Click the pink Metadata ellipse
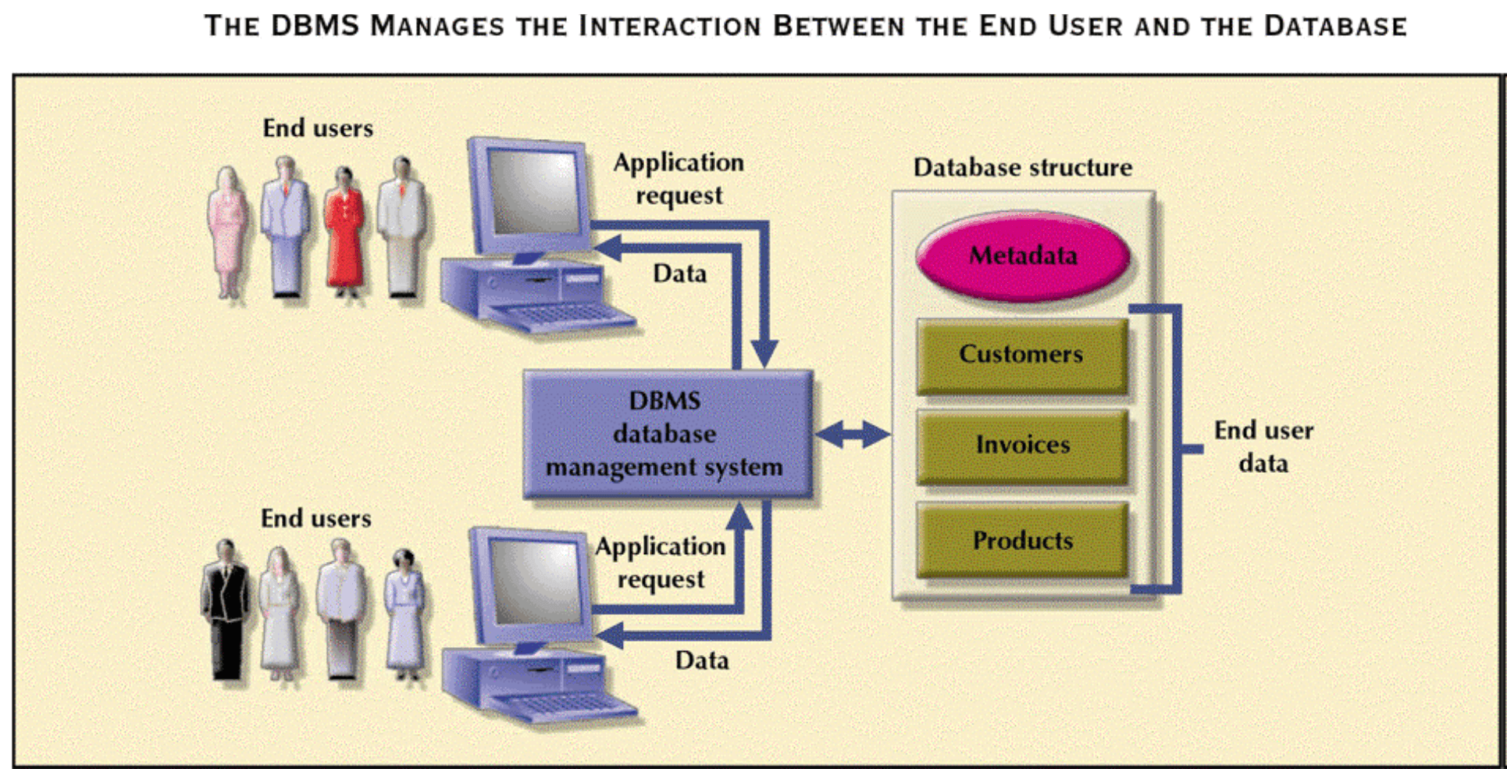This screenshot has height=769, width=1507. pos(1022,256)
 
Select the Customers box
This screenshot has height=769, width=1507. pos(1021,355)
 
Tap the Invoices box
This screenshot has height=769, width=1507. pos(1021,445)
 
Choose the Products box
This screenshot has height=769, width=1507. pos(1021,541)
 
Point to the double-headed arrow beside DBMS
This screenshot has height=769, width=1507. pos(853,434)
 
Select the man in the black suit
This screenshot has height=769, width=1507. pos(226,610)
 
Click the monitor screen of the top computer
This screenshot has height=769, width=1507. pos(533,191)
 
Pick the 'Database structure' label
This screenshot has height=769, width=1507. pos(1022,167)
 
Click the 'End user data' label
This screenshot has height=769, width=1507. pos(1263,446)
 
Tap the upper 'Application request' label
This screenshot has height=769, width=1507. pos(679,178)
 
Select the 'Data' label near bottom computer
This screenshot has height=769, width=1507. pos(702,660)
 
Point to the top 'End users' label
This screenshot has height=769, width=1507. pos(317,128)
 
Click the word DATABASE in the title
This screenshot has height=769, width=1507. pos(1335,26)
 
